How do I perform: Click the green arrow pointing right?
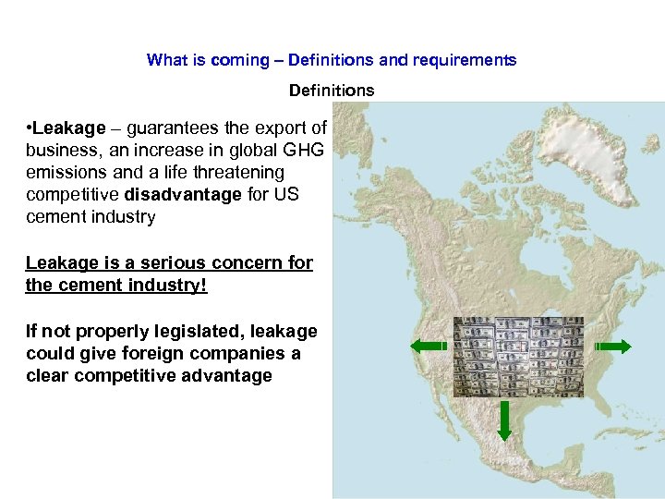tap(613, 347)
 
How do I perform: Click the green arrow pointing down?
tap(504, 420)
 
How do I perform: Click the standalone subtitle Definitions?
tap(332, 91)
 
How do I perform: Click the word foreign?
tap(139, 353)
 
